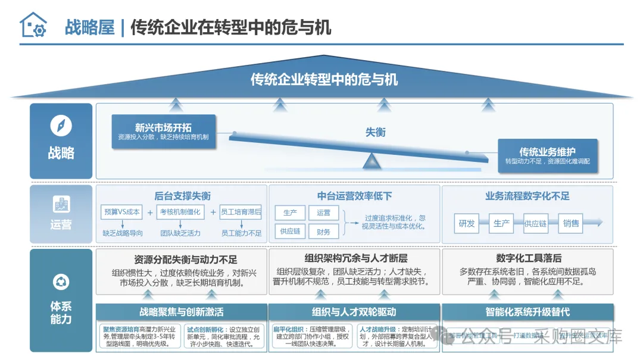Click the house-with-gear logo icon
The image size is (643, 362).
click(x=33, y=26)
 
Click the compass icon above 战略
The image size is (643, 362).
click(x=61, y=126)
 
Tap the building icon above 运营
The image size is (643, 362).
click(x=61, y=204)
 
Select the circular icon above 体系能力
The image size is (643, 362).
click(x=61, y=282)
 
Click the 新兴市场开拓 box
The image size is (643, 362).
click(x=163, y=132)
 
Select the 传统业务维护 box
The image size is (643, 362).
click(x=548, y=156)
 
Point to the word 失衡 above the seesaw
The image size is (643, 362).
click(x=376, y=132)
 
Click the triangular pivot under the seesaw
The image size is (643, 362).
click(x=371, y=161)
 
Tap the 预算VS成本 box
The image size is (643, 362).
click(x=121, y=211)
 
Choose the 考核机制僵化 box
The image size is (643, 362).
click(x=180, y=211)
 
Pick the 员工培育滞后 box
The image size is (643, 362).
click(x=241, y=211)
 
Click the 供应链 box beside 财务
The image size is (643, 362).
click(x=290, y=232)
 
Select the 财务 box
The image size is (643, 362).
click(x=324, y=232)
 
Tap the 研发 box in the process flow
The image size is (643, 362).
click(x=467, y=223)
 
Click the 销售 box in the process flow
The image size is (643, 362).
click(x=571, y=223)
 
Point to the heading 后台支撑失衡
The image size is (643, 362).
click(x=182, y=196)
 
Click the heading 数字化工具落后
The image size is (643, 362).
click(x=528, y=258)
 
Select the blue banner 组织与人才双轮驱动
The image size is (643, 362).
click(x=354, y=311)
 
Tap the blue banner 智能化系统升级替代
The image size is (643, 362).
click(x=527, y=311)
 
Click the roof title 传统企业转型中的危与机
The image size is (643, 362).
click(x=324, y=79)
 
